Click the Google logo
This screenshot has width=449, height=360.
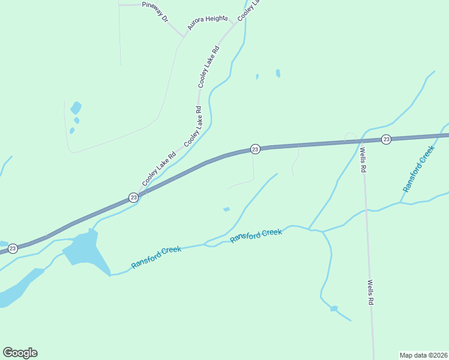point(20,352)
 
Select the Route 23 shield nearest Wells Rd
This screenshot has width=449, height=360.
point(386,139)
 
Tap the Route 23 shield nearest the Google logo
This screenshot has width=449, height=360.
point(13,248)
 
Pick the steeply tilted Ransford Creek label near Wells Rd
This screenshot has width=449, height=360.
point(418,169)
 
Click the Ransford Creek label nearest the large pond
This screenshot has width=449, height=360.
point(156,257)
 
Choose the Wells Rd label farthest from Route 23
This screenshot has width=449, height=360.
point(370,293)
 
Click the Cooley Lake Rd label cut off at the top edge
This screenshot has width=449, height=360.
point(250,9)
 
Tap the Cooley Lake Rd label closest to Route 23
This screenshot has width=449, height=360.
point(158,168)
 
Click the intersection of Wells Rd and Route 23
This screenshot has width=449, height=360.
point(361,141)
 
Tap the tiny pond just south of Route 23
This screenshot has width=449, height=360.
point(226,209)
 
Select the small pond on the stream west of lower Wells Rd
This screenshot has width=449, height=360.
point(334,308)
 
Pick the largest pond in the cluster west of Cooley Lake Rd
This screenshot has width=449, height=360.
point(76,109)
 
